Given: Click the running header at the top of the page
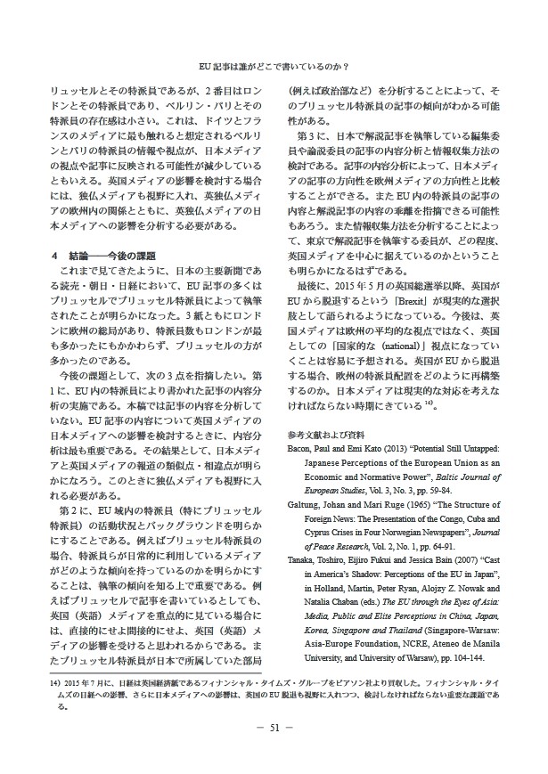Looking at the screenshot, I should pos(274,66).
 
